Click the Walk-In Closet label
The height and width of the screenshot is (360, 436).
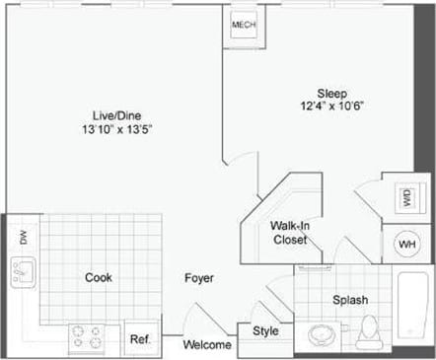pyautogui.click(x=291, y=233)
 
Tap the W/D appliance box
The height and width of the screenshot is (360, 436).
pyautogui.click(x=406, y=198)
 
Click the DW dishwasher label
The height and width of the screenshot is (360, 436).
pyautogui.click(x=21, y=237)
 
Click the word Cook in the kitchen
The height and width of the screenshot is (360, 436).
pyautogui.click(x=98, y=278)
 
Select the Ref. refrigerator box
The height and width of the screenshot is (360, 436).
pyautogui.click(x=139, y=339)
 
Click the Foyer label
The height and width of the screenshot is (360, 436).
pyautogui.click(x=199, y=278)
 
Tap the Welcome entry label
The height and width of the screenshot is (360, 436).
pyautogui.click(x=208, y=345)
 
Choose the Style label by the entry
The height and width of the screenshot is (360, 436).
pyautogui.click(x=265, y=331)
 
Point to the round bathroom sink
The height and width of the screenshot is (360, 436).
pyautogui.click(x=322, y=334)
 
